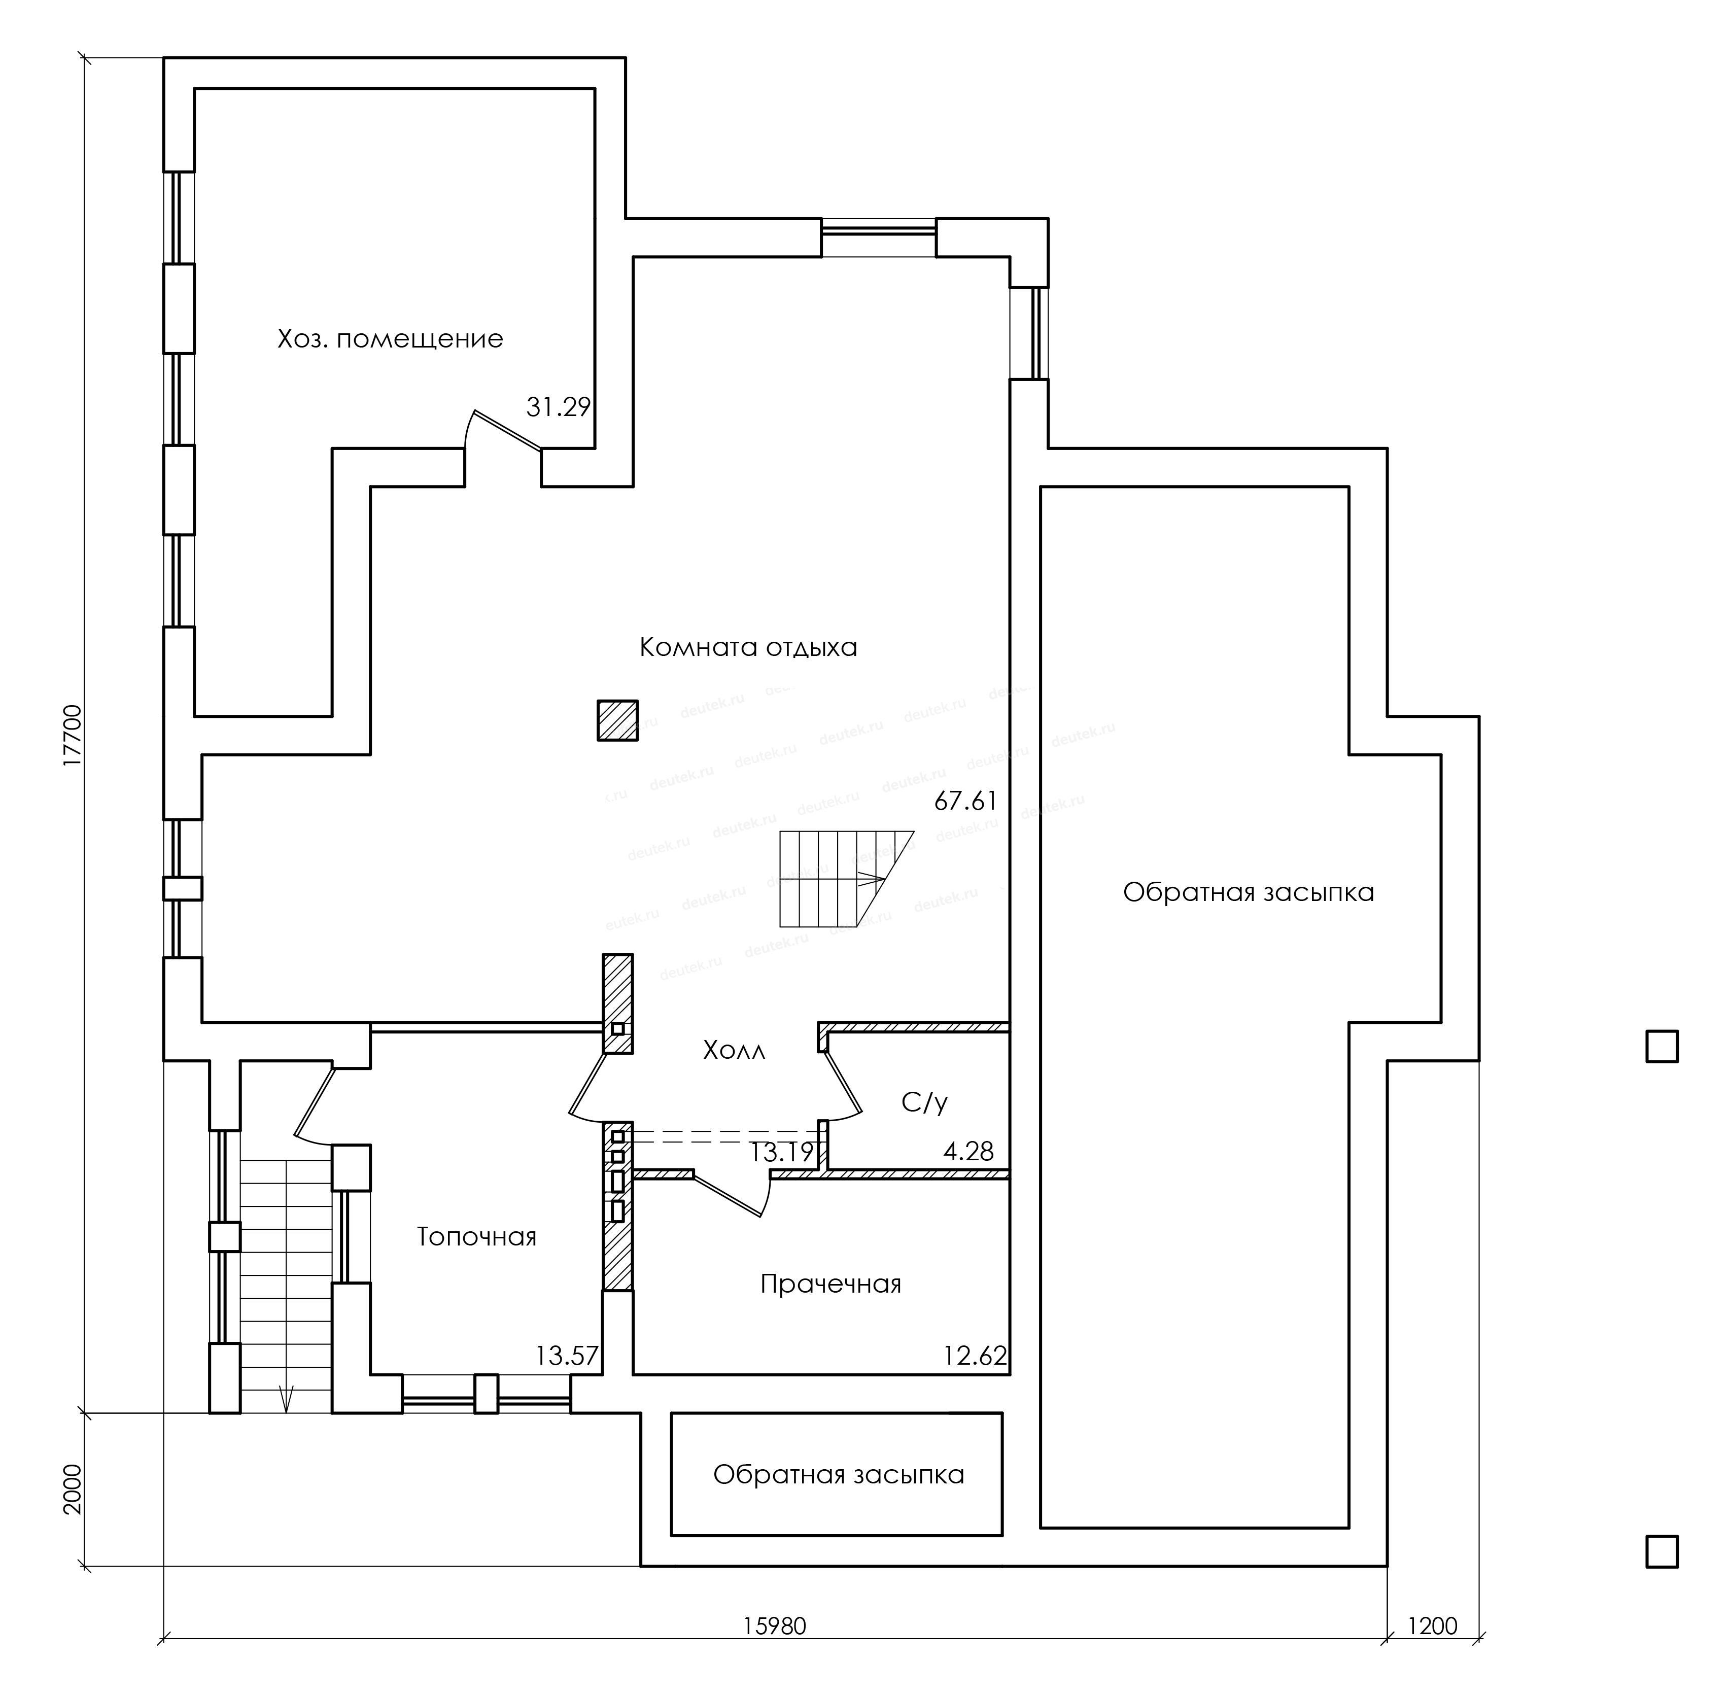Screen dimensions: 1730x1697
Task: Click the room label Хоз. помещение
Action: pos(390,339)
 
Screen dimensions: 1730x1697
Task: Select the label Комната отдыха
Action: pos(748,647)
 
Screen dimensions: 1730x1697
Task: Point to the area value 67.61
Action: pos(965,801)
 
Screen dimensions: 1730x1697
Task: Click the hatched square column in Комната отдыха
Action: pos(617,720)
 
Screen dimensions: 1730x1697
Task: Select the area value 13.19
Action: pos(781,1153)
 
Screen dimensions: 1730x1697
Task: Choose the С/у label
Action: pos(924,1103)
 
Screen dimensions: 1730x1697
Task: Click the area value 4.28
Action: pos(969,1152)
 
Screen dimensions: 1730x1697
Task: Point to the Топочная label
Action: pos(477,1237)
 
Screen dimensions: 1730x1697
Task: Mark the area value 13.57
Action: pos(567,1357)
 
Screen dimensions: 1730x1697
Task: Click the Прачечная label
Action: pos(831,1285)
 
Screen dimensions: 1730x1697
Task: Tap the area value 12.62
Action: pos(975,1357)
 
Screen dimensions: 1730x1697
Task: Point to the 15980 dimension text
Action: pos(775,1626)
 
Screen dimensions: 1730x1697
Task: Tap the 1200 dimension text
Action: pos(1432,1626)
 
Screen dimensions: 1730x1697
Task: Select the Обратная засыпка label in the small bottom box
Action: pos(839,1475)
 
